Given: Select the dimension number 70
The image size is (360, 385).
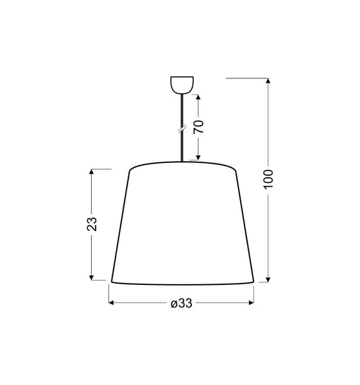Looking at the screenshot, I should tap(199, 126).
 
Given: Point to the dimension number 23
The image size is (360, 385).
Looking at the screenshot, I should tap(92, 224).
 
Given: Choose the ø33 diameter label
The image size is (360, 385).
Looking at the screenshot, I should tap(182, 304).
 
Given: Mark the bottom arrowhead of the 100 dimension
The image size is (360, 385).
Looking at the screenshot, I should tap(269, 278).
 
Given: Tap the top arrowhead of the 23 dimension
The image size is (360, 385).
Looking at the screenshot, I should tap(92, 173).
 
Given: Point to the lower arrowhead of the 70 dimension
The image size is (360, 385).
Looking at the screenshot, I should tap(199, 157).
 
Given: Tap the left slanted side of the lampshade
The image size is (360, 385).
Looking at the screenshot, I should tap(121, 225).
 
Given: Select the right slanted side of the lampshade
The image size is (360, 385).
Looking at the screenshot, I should tap(245, 225).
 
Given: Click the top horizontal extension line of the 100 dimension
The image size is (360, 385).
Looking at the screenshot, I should tap(247, 78).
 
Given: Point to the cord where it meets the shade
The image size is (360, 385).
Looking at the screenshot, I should tap(183, 160).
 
